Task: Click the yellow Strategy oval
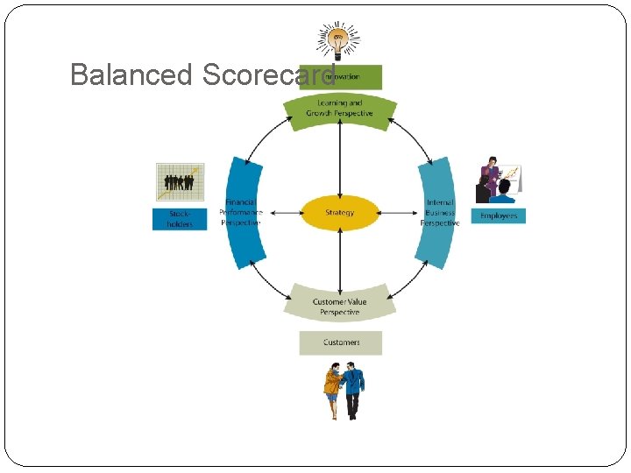coord(340,212)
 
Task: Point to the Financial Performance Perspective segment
coord(243,212)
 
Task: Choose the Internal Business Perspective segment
coord(437,212)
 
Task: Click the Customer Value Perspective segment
coord(339,305)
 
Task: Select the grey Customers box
coord(340,342)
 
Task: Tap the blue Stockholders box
coord(180,219)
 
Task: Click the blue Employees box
coord(498,215)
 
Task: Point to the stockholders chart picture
coord(180,182)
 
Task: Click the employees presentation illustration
coord(497,180)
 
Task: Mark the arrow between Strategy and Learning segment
coord(339,162)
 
